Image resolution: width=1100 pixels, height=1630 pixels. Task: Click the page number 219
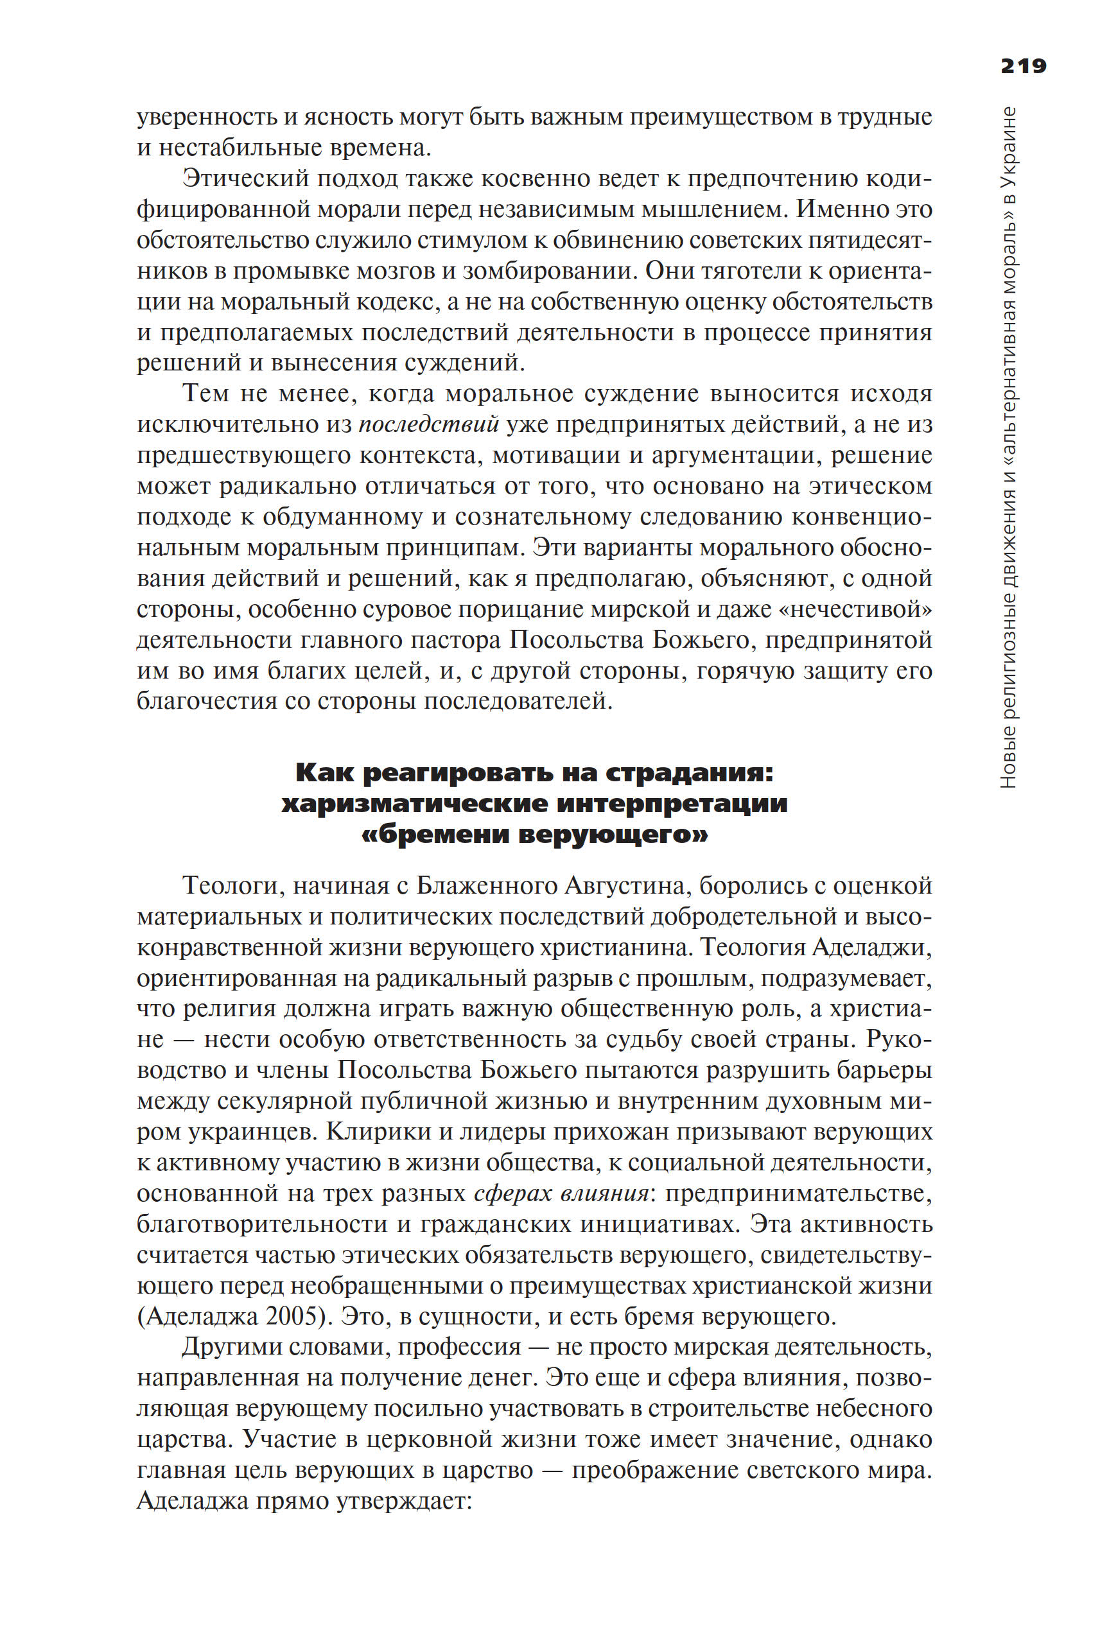click(1023, 66)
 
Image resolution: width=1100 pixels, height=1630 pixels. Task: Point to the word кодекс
click(400, 302)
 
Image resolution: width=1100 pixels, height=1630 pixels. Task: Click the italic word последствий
click(429, 424)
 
